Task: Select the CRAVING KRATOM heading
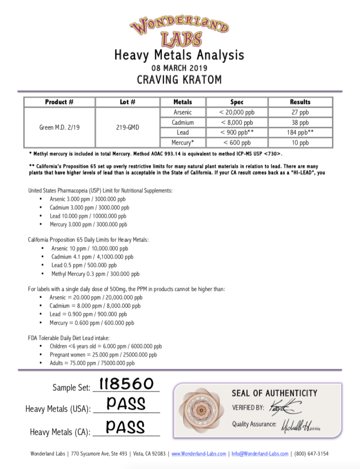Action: coord(180,80)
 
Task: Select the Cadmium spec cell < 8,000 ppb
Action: coord(237,123)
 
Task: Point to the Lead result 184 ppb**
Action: coord(300,133)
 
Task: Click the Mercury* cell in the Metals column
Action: coord(183,143)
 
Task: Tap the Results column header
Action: coord(300,102)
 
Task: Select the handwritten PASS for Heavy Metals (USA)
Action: coord(126,404)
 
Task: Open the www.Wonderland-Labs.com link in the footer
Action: coord(199,454)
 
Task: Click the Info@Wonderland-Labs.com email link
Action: coord(259,454)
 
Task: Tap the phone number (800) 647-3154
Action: coord(311,454)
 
